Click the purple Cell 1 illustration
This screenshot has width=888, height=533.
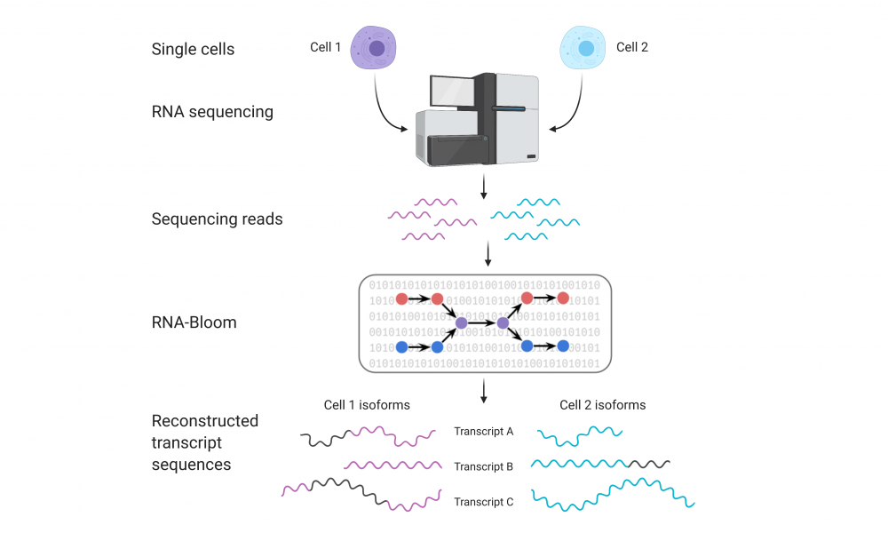point(373,48)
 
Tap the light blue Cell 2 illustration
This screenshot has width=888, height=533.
point(583,48)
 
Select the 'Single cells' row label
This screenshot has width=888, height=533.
point(193,49)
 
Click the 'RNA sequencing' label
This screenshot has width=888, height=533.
point(212,112)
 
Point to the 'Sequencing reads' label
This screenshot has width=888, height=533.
point(217,219)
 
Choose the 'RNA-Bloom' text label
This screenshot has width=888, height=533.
point(194,322)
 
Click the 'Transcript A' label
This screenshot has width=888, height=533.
point(484,432)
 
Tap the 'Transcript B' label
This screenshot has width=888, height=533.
point(484,466)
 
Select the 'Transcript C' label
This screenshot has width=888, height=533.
point(484,502)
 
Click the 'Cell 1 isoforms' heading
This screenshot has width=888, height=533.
point(367,405)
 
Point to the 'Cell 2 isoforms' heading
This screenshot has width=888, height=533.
point(603,405)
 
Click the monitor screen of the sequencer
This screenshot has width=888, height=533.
point(452,91)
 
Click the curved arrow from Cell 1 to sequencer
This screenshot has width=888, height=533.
point(381,112)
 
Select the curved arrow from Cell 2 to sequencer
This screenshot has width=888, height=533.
point(575,112)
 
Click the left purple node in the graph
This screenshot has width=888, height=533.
point(462,322)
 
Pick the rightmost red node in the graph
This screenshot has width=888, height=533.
point(563,298)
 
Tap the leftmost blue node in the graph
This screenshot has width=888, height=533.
point(401,346)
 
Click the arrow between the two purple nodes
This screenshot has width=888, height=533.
point(482,322)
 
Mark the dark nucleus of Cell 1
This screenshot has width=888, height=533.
point(377,48)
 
